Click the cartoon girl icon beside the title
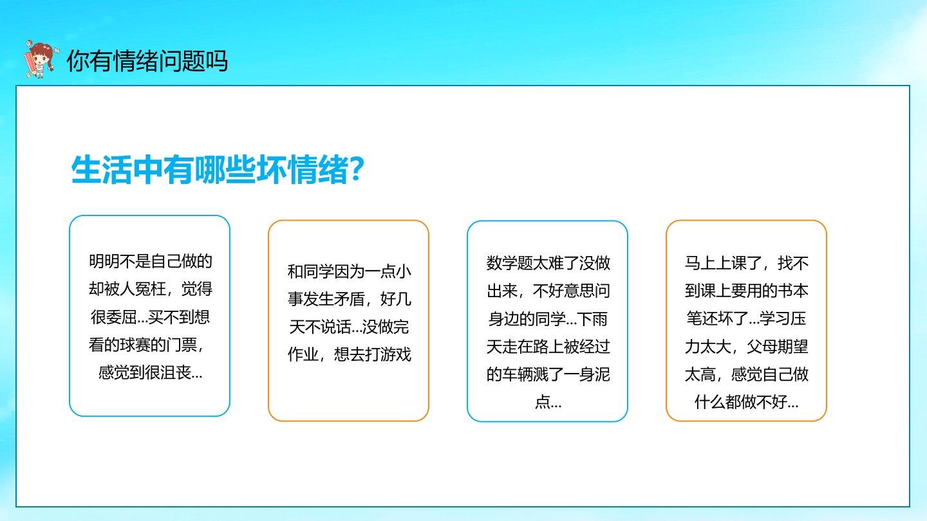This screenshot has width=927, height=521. pyautogui.click(x=40, y=59)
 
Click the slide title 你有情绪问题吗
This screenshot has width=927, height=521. pyautogui.click(x=147, y=61)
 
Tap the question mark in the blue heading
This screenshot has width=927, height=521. pyautogui.click(x=357, y=169)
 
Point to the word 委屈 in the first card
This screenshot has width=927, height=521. pyautogui.click(x=122, y=317)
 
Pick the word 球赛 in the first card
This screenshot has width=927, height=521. pyautogui.click(x=135, y=345)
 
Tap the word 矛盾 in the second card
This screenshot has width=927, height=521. pyautogui.click(x=349, y=299)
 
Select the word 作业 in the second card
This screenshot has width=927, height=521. pyautogui.click(x=303, y=354)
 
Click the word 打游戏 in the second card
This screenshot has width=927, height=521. pyautogui.click(x=388, y=354)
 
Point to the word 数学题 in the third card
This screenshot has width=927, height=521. pyautogui.click(x=509, y=263)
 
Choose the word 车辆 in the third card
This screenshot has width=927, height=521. pyautogui.click(x=517, y=374)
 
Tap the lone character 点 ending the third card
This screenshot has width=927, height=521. pyautogui.click(x=542, y=402)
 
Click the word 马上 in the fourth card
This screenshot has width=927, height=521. pyautogui.click(x=700, y=263)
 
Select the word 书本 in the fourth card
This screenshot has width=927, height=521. pyautogui.click(x=793, y=291)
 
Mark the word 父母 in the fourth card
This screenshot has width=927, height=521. pyautogui.click(x=762, y=347)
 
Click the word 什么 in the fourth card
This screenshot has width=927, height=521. pyautogui.click(x=709, y=402)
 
